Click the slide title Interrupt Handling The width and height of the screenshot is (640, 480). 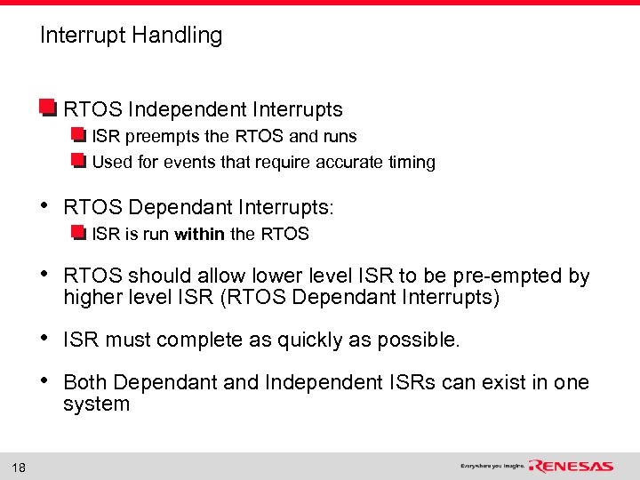[x=131, y=36]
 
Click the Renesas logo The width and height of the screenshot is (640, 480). [x=571, y=466]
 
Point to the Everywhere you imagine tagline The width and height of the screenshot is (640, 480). [x=492, y=466]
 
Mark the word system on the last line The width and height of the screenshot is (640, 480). [x=96, y=404]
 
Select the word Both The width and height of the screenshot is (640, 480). [x=85, y=382]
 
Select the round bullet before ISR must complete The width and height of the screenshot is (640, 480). [x=45, y=339]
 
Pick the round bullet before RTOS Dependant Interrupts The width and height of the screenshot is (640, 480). [x=45, y=206]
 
